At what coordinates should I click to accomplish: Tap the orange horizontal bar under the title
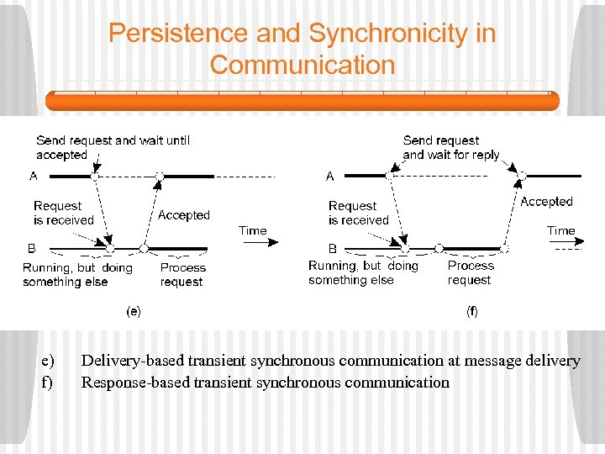(302, 101)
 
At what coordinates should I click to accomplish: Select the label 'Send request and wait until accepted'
(112, 147)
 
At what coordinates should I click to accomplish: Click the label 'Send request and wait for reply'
(450, 147)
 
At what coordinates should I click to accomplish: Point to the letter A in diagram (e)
(34, 177)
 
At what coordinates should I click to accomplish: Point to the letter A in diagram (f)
(329, 177)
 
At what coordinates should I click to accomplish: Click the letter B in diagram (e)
(32, 248)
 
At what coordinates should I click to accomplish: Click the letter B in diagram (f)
(333, 249)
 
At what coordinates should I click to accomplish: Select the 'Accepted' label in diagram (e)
(183, 215)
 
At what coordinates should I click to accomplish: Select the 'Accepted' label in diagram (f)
(546, 202)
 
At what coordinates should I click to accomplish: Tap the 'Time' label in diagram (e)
(252, 230)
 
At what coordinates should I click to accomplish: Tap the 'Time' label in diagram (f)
(560, 230)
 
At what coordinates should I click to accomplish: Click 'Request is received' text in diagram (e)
(63, 213)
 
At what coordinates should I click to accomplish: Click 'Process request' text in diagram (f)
(471, 272)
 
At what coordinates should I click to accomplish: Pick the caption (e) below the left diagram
(134, 311)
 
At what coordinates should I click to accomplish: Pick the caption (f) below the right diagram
(472, 311)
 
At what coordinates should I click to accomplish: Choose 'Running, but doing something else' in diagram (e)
(77, 275)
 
